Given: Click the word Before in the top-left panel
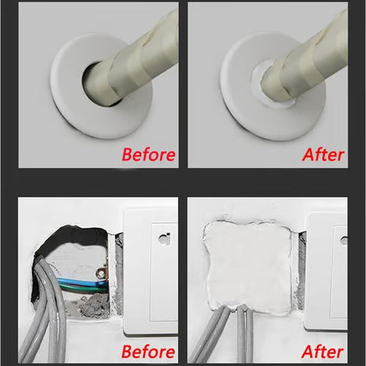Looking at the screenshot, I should pyautogui.click(x=148, y=154).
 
